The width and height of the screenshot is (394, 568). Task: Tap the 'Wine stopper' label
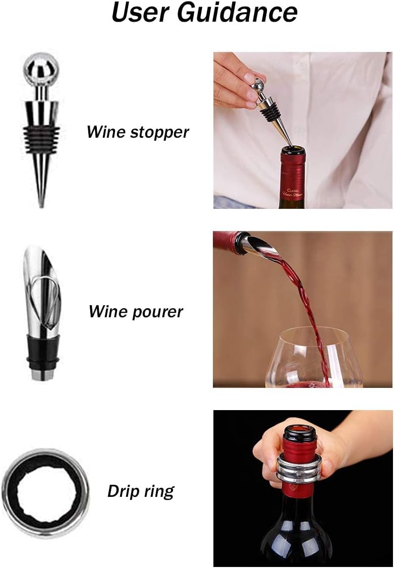click(x=138, y=132)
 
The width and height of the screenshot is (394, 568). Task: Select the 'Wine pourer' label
click(x=136, y=311)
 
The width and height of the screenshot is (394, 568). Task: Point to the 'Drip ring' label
click(x=141, y=491)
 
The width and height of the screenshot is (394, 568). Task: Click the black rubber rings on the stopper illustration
click(x=41, y=136)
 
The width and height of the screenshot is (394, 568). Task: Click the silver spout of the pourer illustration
click(x=40, y=282)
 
